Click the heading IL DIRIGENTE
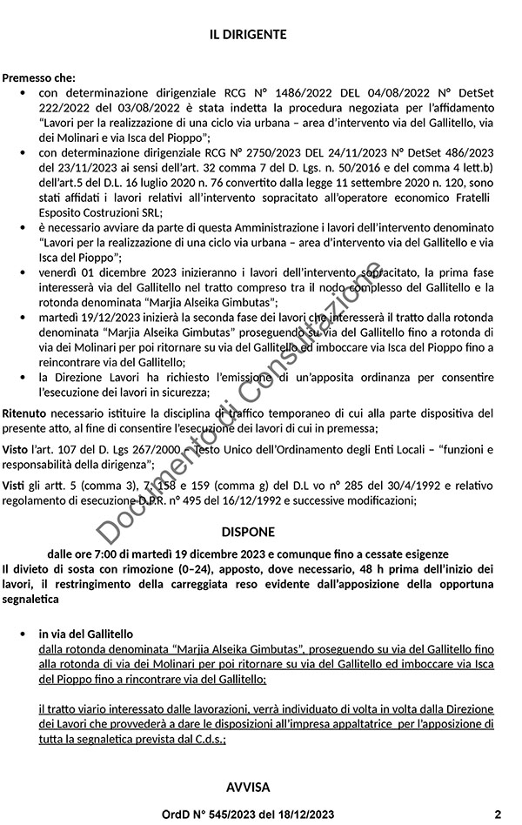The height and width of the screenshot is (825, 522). pos(248,35)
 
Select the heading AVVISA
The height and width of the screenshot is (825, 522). pos(248,788)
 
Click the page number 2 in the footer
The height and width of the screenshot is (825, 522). pos(498,815)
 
